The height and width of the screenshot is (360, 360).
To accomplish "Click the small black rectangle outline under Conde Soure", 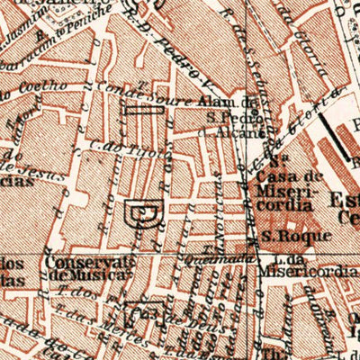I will point(144,111).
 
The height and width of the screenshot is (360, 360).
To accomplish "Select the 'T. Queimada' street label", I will point(225,254).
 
